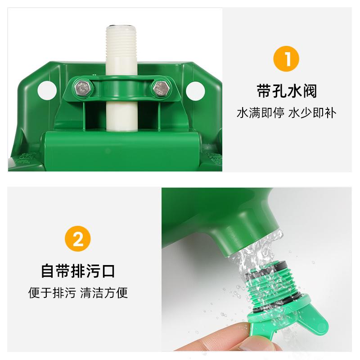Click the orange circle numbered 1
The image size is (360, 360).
[x=287, y=59]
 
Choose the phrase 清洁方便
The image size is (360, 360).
[x=104, y=293]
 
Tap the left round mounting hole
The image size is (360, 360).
[x=45, y=88]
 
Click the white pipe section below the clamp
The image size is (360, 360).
[x=120, y=115]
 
